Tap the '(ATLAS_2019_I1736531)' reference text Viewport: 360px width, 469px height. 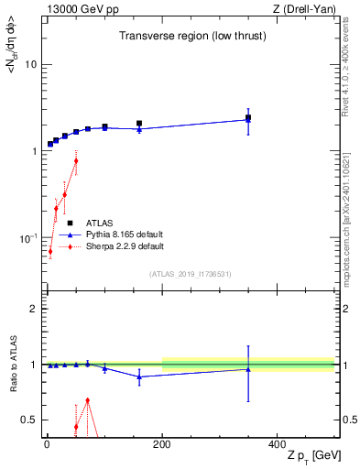pos(190,274)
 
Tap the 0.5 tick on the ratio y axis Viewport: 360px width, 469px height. pos(29,420)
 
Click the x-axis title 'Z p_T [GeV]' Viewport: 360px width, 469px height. pos(302,457)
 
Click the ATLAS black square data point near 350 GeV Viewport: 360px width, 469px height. pos(247,117)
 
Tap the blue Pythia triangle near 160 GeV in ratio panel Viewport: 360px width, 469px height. pos(139,376)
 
